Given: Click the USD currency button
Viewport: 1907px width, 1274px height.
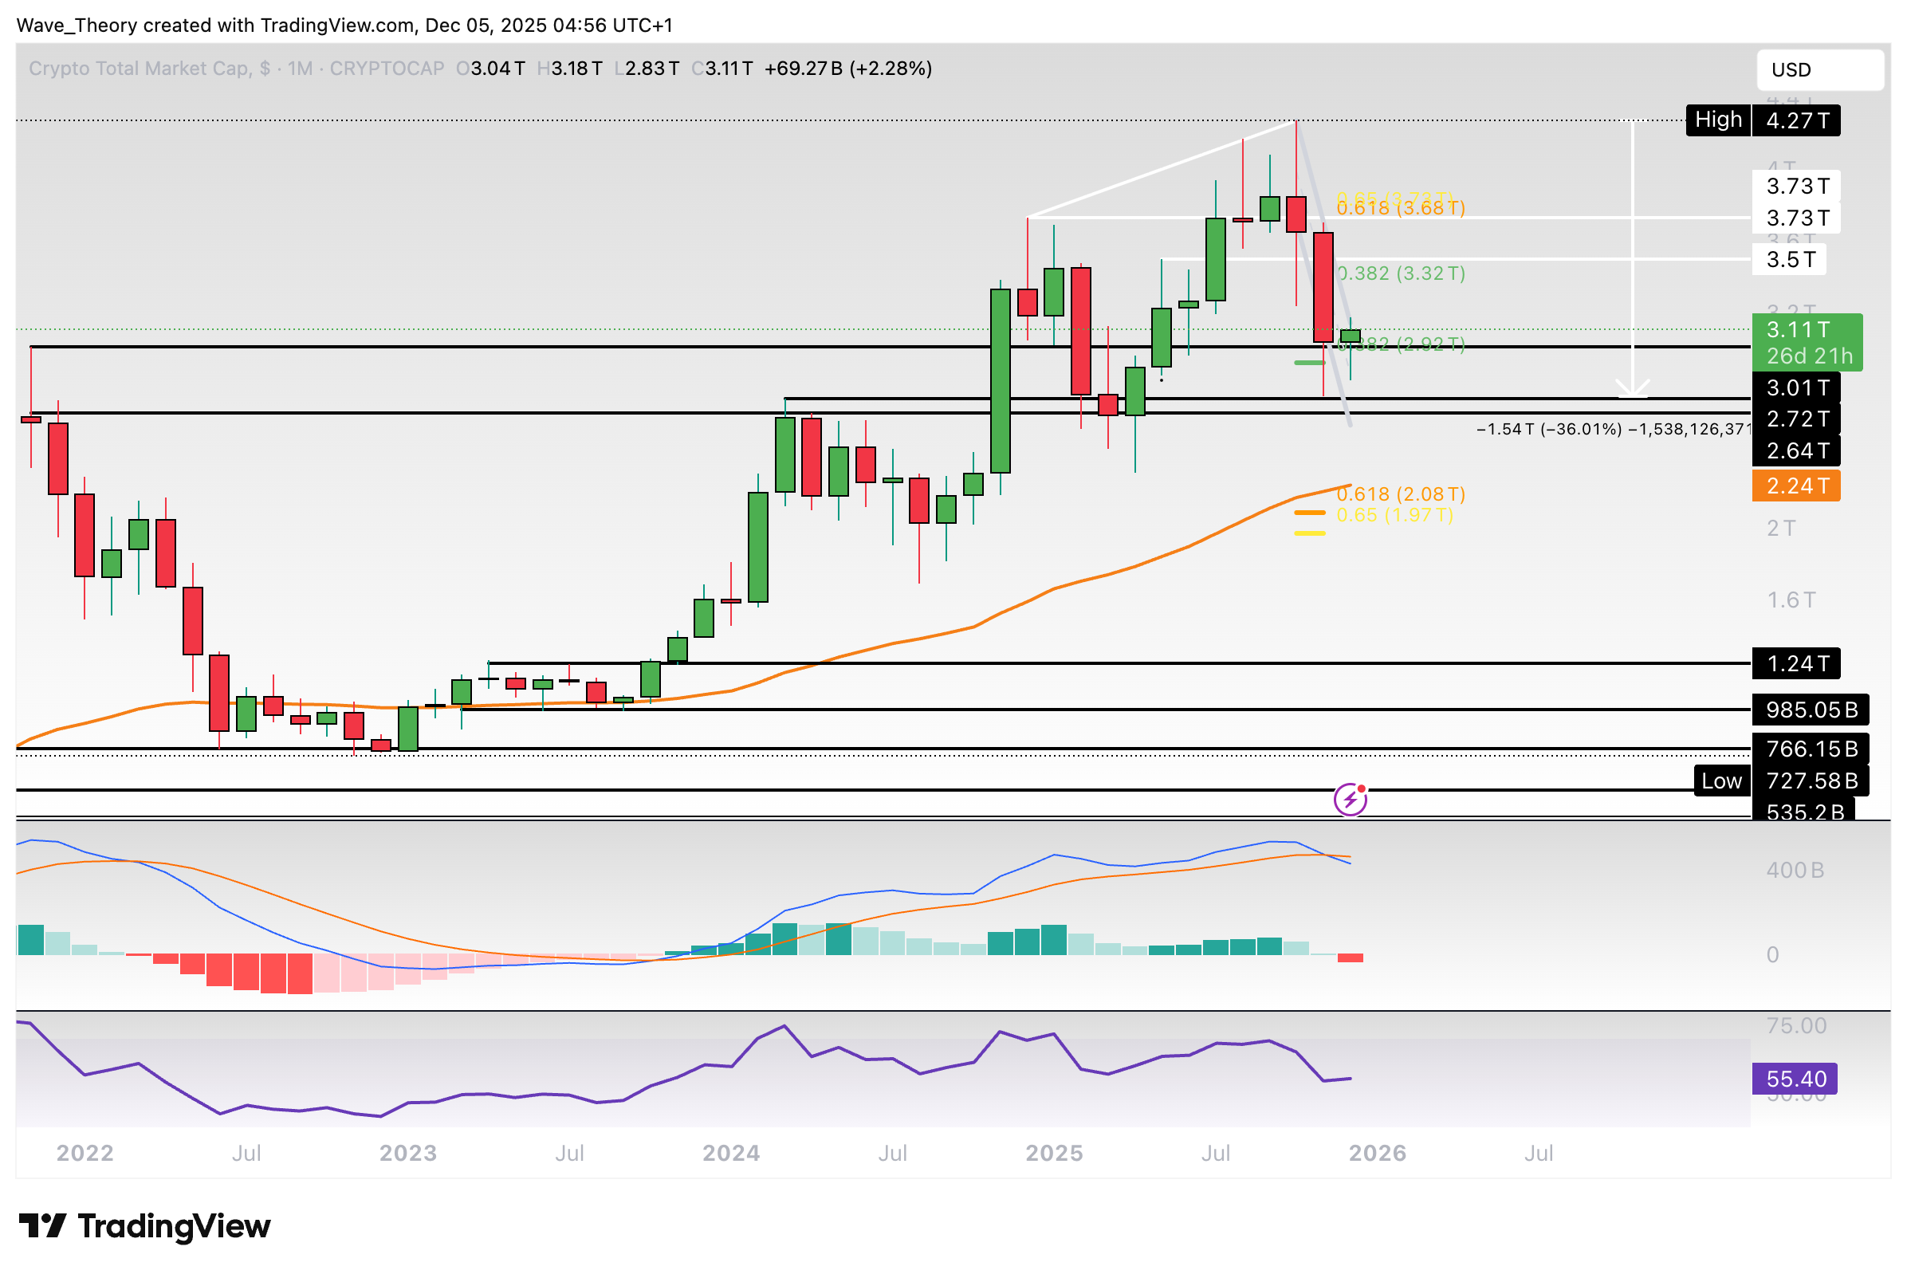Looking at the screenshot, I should (1819, 70).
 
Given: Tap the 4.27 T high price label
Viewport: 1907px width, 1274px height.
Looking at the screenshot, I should (1795, 121).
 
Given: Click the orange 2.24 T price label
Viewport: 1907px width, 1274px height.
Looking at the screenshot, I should (1795, 486).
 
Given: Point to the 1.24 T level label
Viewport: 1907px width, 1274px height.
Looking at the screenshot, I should (1795, 664).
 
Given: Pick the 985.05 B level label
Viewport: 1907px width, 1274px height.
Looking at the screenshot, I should (1811, 710).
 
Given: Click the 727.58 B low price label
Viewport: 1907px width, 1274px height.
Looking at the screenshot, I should (1811, 781).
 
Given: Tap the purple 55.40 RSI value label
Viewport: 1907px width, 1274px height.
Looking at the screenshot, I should (1795, 1079).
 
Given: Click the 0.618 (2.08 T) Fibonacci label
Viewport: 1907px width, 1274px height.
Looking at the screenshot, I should (1400, 494).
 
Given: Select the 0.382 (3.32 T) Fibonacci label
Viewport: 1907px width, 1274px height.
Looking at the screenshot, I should (1400, 273).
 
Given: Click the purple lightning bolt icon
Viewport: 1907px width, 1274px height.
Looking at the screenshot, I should (1350, 800).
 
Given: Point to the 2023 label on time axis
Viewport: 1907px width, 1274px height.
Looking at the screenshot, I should (408, 1153).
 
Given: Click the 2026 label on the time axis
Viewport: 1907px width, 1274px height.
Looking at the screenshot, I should (1376, 1153).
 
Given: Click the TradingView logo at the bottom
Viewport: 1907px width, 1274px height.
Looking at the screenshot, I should (144, 1226).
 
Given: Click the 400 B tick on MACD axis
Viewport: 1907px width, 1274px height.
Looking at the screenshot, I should (1794, 871).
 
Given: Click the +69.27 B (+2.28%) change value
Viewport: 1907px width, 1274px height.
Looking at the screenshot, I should (847, 69).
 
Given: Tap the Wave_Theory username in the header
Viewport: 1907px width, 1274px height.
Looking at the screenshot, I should (77, 26).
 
